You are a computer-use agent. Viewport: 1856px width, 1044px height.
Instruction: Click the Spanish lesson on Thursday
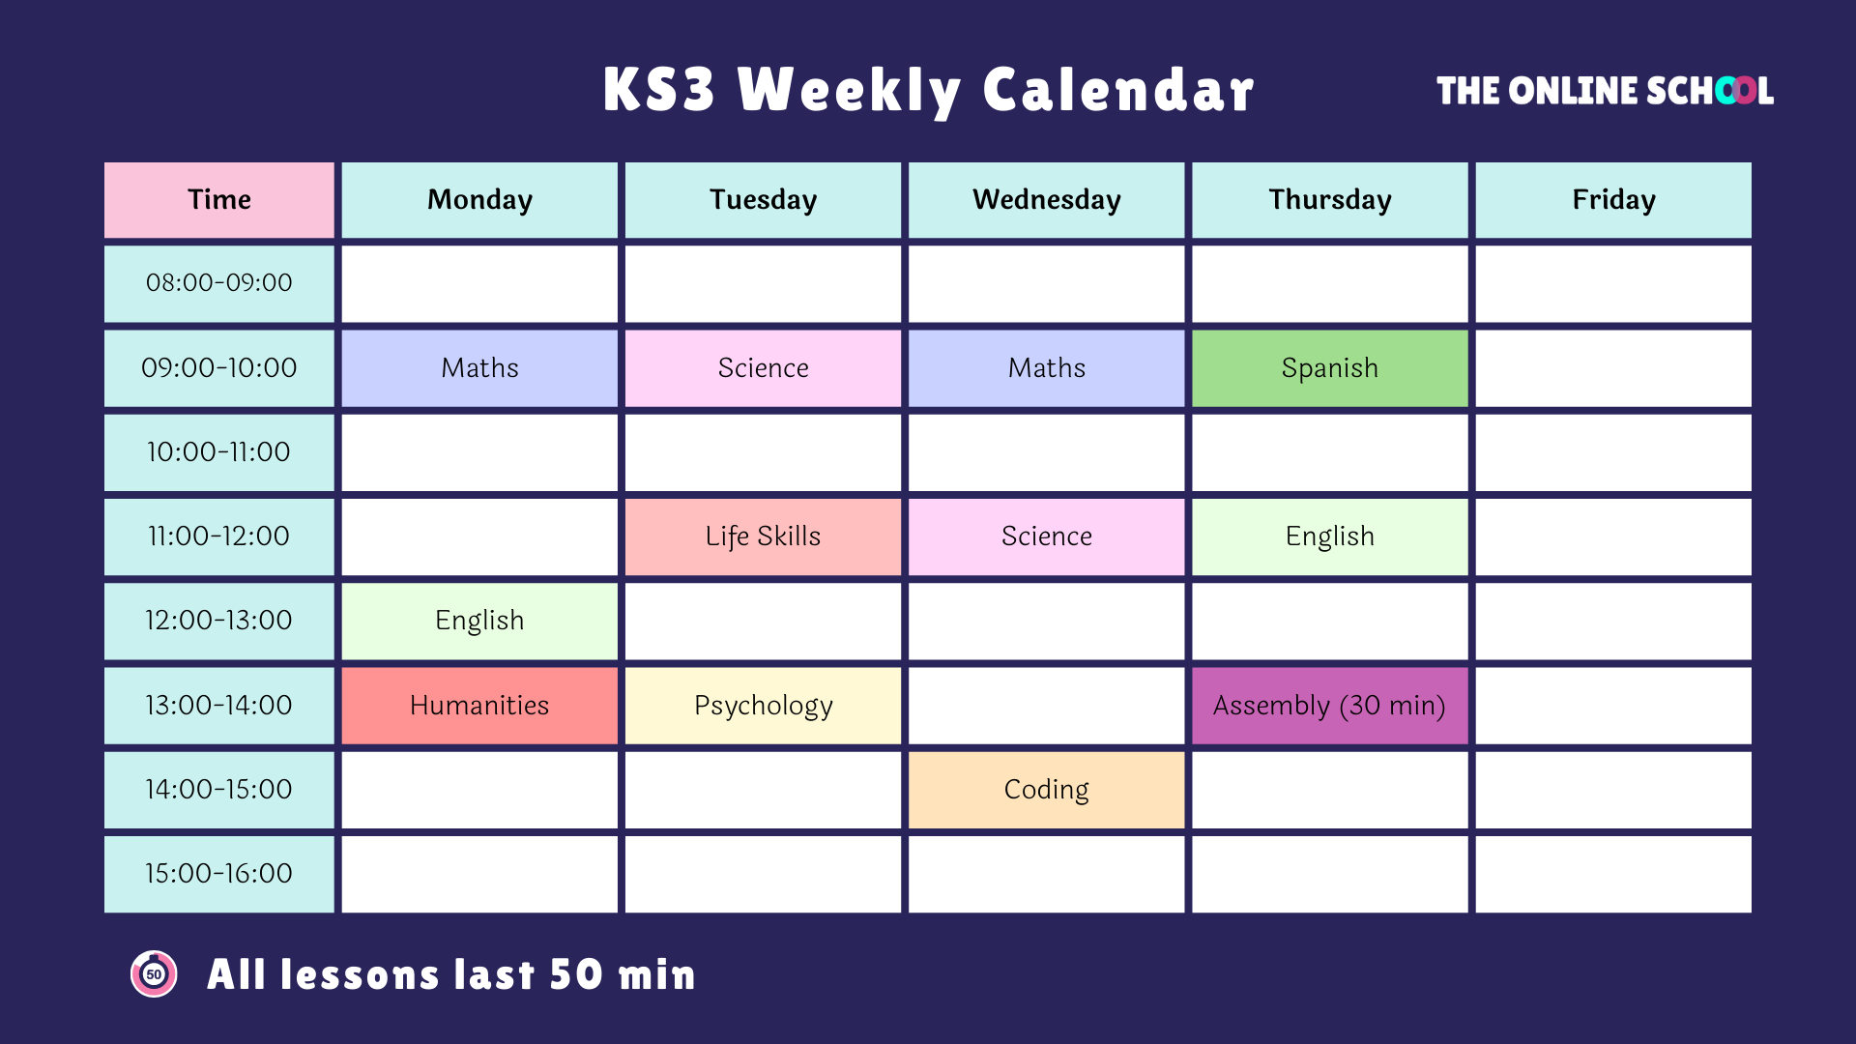[x=1329, y=368]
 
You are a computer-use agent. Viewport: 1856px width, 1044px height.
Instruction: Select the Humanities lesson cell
[x=479, y=706]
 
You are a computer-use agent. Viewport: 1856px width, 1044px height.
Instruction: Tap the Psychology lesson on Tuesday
[x=763, y=706]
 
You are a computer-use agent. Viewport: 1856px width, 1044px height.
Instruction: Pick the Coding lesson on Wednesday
[x=1046, y=790]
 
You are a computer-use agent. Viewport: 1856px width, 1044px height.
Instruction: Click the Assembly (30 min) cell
[x=1329, y=706]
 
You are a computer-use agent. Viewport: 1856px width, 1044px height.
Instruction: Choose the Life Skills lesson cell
[x=763, y=536]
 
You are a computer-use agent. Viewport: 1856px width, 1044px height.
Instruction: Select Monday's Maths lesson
[x=479, y=368]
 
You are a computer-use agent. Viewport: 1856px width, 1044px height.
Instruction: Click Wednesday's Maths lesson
[x=1046, y=368]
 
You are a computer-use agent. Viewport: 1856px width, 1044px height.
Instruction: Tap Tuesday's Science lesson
[x=763, y=368]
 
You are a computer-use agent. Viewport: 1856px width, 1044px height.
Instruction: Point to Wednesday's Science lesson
[x=1046, y=536]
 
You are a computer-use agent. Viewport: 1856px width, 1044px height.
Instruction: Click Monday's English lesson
[x=479, y=621]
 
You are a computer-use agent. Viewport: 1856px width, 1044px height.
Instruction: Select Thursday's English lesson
[x=1329, y=536]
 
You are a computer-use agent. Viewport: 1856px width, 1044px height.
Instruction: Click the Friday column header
[x=1612, y=200]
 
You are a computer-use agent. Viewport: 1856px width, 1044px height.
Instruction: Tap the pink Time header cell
[x=219, y=200]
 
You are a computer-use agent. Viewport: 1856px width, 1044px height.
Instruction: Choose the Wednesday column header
[x=1046, y=200]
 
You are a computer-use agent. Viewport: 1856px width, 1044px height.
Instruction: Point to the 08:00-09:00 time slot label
[x=219, y=283]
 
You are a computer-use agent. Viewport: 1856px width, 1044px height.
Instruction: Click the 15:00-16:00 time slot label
[x=219, y=874]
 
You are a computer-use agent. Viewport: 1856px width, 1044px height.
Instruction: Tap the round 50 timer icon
[x=154, y=973]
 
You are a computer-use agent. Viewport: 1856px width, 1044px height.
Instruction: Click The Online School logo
[x=1604, y=91]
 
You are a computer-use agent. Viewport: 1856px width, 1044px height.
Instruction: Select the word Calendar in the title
[x=1117, y=91]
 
